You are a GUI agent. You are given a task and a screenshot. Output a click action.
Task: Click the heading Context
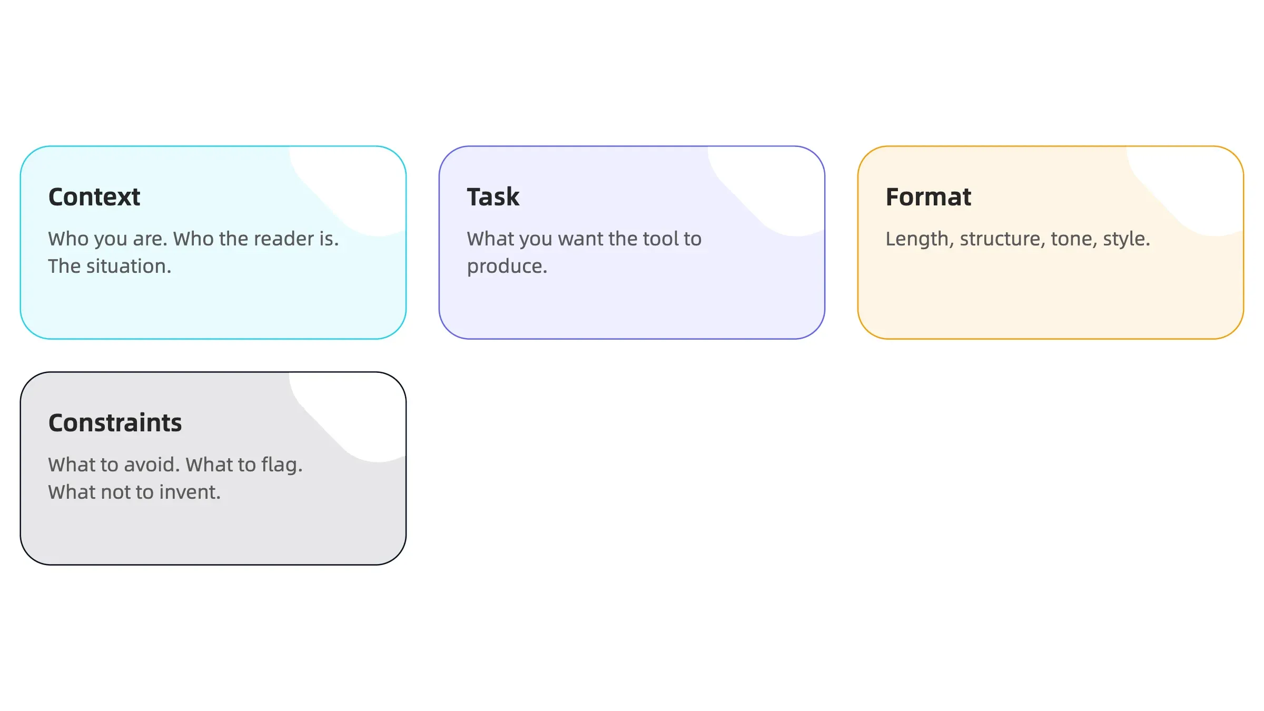94,197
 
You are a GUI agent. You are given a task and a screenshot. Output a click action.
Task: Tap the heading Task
493,197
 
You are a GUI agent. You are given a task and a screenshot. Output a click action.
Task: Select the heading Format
928,197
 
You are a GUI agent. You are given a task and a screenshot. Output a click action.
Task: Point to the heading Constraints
115,423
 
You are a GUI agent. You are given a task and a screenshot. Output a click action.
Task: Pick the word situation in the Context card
129,266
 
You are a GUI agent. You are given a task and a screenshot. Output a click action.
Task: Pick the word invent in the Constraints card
190,492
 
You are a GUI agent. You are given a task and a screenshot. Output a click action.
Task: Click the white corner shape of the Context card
358,184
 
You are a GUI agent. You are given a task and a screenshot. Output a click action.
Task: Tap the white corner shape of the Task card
777,184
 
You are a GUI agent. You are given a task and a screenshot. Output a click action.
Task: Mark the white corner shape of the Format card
1196,184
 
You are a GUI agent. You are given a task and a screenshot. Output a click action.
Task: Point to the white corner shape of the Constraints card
358,411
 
